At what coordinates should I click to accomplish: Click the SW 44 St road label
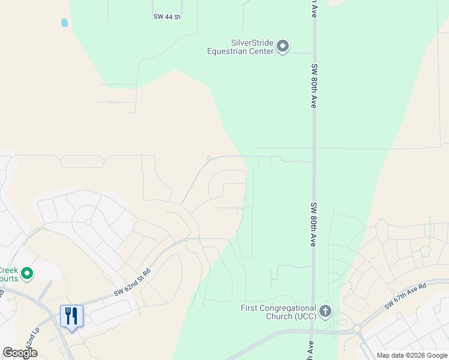pyautogui.click(x=166, y=17)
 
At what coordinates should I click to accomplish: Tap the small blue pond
pyautogui.click(x=65, y=23)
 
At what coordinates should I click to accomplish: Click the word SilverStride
pyautogui.click(x=252, y=43)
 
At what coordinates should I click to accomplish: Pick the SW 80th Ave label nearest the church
pyautogui.click(x=313, y=224)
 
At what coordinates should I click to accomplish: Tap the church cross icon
pyautogui.click(x=325, y=311)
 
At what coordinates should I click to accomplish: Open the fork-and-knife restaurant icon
pyautogui.click(x=71, y=316)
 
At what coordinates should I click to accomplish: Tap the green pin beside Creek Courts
pyautogui.click(x=27, y=274)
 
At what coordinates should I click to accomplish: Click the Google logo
pyautogui.click(x=20, y=353)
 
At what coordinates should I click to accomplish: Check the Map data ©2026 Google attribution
pyautogui.click(x=412, y=355)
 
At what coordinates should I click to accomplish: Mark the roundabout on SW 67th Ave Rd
pyautogui.click(x=357, y=329)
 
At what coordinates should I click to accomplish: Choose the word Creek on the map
pyautogui.click(x=9, y=270)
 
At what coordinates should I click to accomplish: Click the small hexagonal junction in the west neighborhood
pyautogui.click(x=88, y=222)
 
